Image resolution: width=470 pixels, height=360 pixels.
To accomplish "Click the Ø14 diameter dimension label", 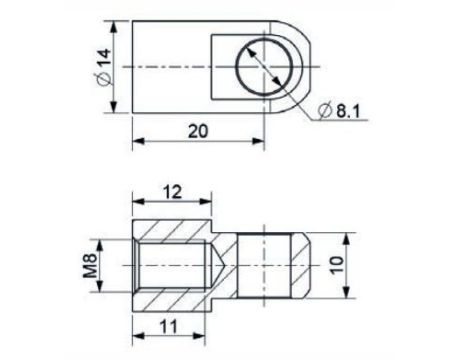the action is pos(104,67).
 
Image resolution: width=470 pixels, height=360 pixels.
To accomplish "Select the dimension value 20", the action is pos(198,131).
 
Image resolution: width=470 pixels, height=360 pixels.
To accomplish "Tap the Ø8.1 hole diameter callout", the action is pos(339,110).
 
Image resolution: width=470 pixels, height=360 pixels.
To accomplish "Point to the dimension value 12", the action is pos(172,192).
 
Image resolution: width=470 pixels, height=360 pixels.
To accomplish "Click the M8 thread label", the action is pos(90,265).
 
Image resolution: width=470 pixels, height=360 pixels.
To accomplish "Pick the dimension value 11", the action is pos(169,327).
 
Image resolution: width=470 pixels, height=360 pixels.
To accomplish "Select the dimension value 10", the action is pos(337,265).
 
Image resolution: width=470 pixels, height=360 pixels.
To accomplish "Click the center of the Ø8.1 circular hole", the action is pos(264,67).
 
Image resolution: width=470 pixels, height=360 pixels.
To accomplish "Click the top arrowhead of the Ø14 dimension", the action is pos(114,27).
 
